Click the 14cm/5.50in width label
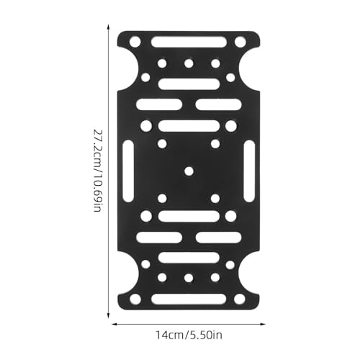[x=189, y=335]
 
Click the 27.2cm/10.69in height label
[x=98, y=171]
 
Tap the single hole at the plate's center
[x=189, y=171]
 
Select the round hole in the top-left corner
[x=135, y=42]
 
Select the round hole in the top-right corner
[x=240, y=42]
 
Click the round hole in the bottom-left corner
[x=135, y=299]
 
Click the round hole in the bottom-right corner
[x=240, y=299]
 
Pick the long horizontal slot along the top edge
[x=189, y=42]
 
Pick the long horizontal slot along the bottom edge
[x=189, y=299]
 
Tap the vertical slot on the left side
[x=128, y=171]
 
